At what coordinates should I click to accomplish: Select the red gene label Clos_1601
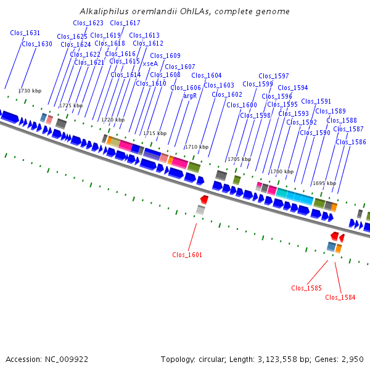click(187, 255)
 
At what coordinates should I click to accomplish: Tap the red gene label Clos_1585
click(306, 288)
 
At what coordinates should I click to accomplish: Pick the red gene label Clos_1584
click(340, 297)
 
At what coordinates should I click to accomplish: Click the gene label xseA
click(150, 64)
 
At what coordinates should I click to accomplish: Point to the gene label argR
click(190, 96)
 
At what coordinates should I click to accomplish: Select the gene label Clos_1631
click(25, 33)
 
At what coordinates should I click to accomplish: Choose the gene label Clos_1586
click(351, 142)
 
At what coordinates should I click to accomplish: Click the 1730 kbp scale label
click(29, 91)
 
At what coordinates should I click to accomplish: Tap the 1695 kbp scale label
click(324, 183)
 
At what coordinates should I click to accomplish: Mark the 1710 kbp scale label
click(196, 147)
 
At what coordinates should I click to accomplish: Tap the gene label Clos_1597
click(274, 76)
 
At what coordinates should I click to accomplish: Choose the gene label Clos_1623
click(88, 23)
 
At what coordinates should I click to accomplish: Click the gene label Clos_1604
click(206, 75)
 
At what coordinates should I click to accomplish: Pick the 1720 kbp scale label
click(113, 120)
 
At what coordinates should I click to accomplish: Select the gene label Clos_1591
click(316, 101)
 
